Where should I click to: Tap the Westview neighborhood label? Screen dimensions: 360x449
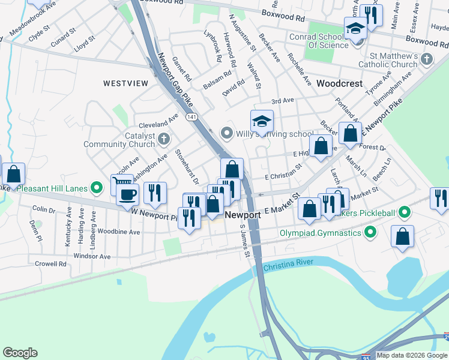(125, 83)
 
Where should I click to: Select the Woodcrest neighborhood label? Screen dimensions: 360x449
(340, 83)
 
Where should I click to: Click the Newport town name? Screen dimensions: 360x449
(243, 215)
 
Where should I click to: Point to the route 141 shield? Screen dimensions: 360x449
(191, 115)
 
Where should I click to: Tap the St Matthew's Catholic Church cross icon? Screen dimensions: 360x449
(427, 59)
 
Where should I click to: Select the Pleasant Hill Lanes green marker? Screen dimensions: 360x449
(95, 188)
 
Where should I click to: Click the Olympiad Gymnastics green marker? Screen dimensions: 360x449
(370, 231)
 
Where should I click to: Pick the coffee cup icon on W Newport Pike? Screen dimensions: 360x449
(127, 194)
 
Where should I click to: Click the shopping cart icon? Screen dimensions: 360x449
(121, 182)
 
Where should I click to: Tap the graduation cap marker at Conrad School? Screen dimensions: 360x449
(355, 29)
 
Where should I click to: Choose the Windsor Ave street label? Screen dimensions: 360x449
(92, 256)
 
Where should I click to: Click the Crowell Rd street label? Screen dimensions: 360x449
(50, 263)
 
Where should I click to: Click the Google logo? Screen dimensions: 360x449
(20, 353)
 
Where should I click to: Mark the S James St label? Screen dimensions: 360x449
(244, 241)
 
